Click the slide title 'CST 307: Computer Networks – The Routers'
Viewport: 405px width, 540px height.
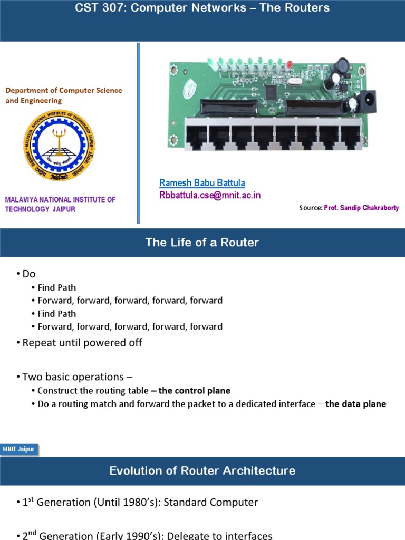click(x=202, y=8)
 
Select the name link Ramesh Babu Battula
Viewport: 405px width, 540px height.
click(x=202, y=183)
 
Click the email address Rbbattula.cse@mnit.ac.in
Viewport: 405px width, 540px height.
click(x=210, y=195)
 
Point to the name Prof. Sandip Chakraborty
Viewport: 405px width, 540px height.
click(x=361, y=208)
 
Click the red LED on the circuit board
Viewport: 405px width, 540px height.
click(x=289, y=64)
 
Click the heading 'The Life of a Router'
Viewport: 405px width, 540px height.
click(x=202, y=243)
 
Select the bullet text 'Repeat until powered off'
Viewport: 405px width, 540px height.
click(x=82, y=342)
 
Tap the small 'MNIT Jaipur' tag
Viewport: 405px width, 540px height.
click(x=20, y=449)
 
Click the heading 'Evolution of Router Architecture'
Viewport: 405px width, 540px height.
click(x=202, y=471)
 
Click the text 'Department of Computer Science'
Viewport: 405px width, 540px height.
click(x=64, y=91)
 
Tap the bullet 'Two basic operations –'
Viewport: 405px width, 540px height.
click(x=77, y=377)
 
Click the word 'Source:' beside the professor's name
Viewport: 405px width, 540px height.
click(x=311, y=208)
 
